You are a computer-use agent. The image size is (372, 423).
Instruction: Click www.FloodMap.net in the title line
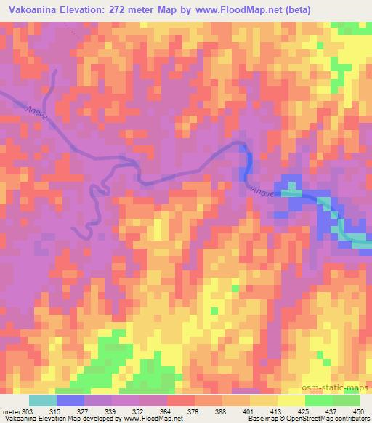point(272,10)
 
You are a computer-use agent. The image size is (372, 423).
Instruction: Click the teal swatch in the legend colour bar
point(42,400)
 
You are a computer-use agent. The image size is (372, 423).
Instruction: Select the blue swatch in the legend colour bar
point(70,400)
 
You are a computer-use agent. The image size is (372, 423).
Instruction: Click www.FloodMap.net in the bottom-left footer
point(153,419)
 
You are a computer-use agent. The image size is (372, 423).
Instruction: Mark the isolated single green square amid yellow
point(234,289)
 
